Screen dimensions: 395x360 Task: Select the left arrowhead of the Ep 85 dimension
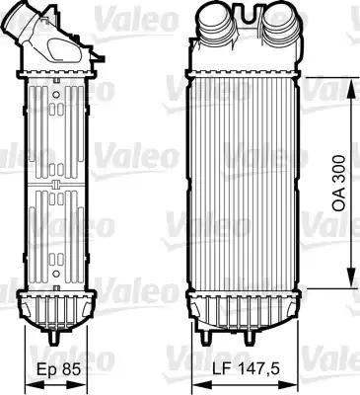click(x=21, y=353)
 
